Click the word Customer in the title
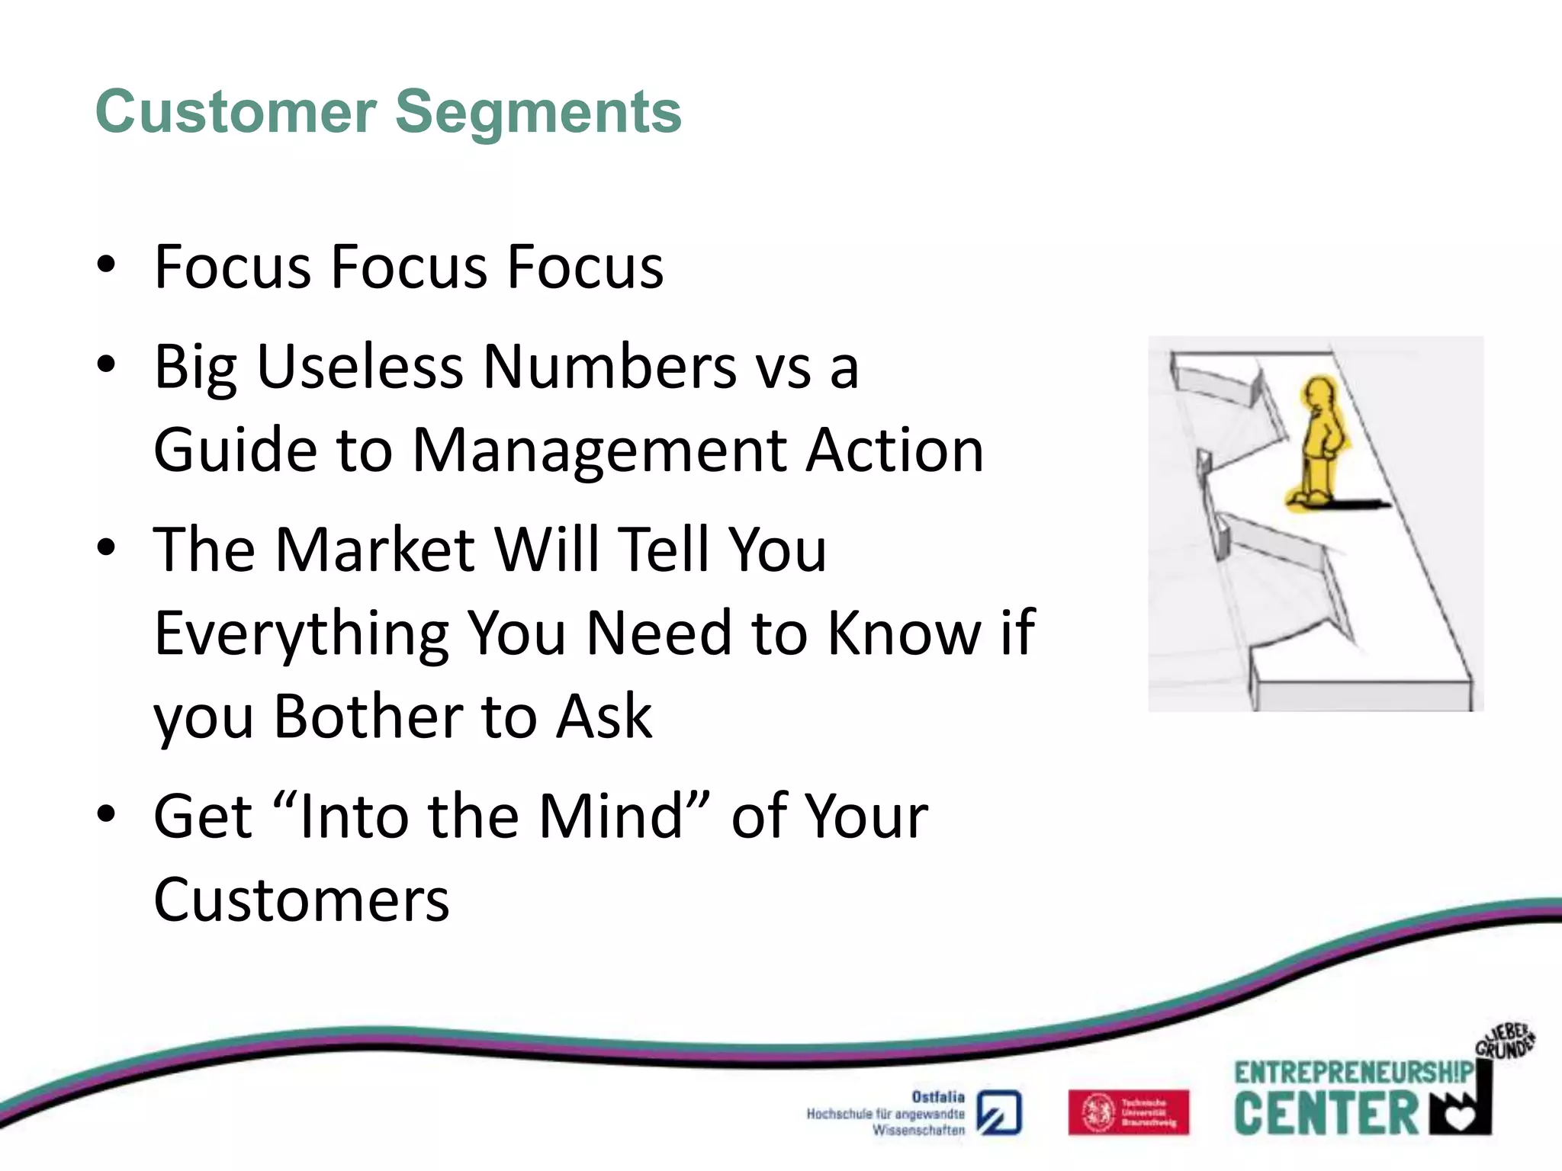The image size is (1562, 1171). (236, 112)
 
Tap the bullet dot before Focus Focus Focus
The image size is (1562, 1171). (107, 265)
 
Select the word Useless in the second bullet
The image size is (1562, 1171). (360, 367)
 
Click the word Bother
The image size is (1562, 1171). (368, 717)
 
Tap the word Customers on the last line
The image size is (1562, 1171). (301, 900)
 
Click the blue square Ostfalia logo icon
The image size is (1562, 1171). (999, 1113)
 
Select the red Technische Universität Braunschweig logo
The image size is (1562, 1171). (1128, 1112)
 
